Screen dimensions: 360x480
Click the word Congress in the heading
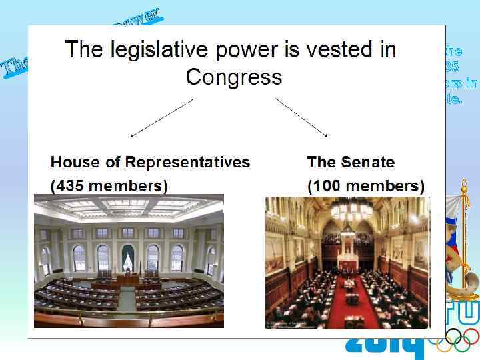pos(233,77)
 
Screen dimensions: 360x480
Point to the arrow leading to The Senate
pos(301,118)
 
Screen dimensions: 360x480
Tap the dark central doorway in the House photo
pos(128,257)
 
